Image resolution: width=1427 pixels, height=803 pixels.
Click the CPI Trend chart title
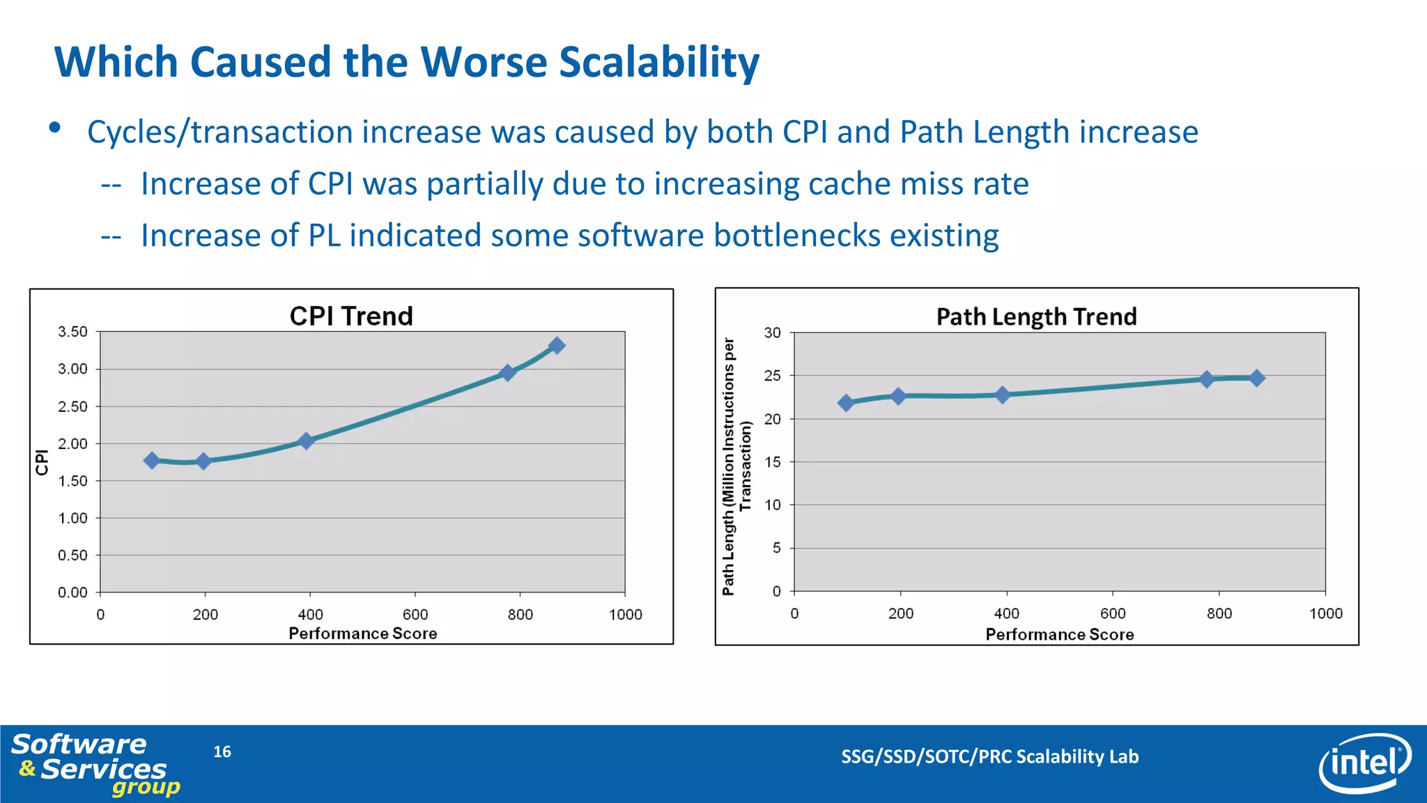(x=351, y=316)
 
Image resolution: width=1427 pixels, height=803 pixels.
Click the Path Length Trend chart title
(x=1036, y=317)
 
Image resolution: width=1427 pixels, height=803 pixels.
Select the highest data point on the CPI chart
(x=556, y=346)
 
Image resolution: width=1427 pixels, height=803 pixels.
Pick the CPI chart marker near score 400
(x=306, y=441)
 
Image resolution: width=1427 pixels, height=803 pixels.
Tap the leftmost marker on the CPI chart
(x=152, y=460)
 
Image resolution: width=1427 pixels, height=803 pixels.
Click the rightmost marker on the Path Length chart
(x=1257, y=378)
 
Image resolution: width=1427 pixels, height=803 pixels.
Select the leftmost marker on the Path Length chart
(x=846, y=403)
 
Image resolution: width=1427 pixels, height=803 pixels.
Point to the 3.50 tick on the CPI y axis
(x=72, y=332)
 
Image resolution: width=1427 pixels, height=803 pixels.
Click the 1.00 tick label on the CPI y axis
(x=72, y=518)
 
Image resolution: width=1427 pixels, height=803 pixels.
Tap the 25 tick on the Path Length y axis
(x=772, y=376)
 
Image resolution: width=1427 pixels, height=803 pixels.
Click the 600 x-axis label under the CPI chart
(x=415, y=615)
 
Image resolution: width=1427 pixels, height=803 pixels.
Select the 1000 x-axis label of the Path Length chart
(x=1325, y=613)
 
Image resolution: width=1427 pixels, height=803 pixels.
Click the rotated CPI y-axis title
(x=42, y=462)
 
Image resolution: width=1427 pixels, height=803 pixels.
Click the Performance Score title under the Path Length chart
(x=1059, y=634)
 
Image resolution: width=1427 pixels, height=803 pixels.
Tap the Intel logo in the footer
(x=1364, y=763)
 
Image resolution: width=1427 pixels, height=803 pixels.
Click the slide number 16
(x=222, y=751)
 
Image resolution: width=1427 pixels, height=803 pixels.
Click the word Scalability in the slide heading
(x=659, y=63)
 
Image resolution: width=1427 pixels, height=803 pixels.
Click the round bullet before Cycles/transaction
(x=55, y=128)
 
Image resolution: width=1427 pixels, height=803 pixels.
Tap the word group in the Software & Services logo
(x=146, y=788)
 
